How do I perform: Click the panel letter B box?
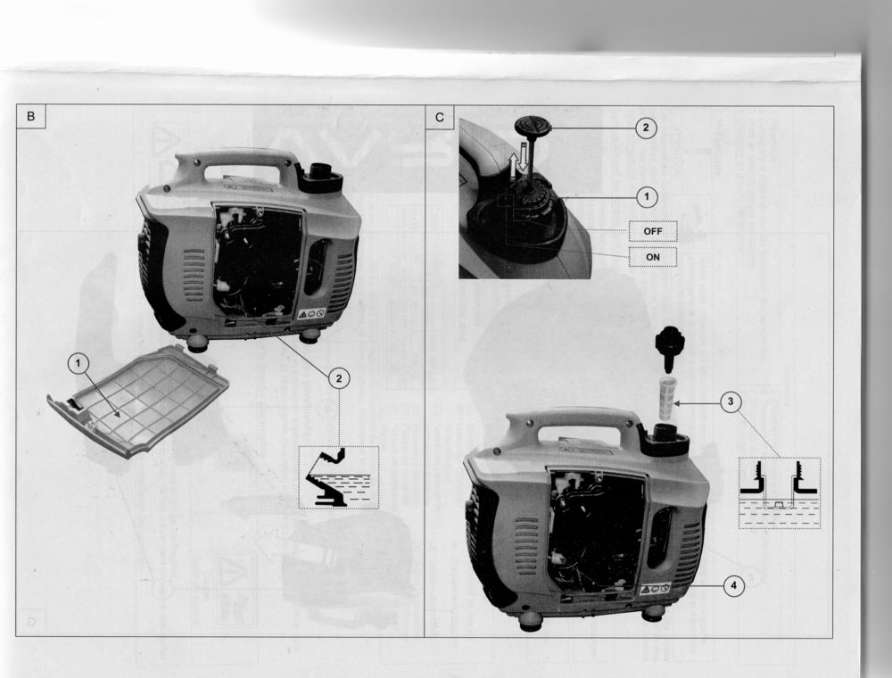pyautogui.click(x=30, y=117)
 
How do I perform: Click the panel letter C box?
pyautogui.click(x=439, y=117)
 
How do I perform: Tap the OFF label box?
pyautogui.click(x=653, y=231)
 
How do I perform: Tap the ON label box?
pyautogui.click(x=653, y=257)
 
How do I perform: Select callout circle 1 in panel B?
pyautogui.click(x=78, y=363)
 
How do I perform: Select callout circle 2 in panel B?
pyautogui.click(x=339, y=378)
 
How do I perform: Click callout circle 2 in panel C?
pyautogui.click(x=645, y=128)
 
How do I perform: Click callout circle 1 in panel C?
pyautogui.click(x=646, y=197)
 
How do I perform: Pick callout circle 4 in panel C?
pyautogui.click(x=734, y=585)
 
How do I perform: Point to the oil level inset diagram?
pyautogui.click(x=338, y=477)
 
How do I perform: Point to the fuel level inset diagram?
pyautogui.click(x=780, y=493)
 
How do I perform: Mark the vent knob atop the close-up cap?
pyautogui.click(x=533, y=125)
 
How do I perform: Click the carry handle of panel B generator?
pyautogui.click(x=239, y=166)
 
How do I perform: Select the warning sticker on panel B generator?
pyautogui.click(x=311, y=313)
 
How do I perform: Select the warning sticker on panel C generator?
pyautogui.click(x=656, y=588)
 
